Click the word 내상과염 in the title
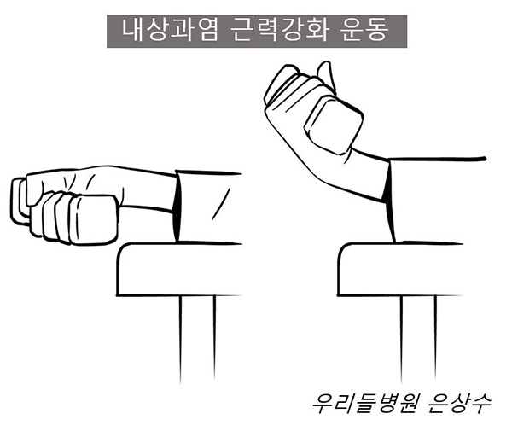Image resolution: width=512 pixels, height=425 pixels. click(x=170, y=31)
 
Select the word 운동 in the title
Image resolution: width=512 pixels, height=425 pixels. click(x=365, y=31)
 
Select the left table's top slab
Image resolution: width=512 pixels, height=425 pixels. click(x=179, y=270)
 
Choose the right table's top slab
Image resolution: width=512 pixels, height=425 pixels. click(x=400, y=270)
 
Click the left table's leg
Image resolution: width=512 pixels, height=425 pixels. click(x=197, y=338)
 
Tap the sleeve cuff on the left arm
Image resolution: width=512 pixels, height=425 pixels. click(x=176, y=207)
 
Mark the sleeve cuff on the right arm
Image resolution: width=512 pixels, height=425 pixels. click(x=389, y=199)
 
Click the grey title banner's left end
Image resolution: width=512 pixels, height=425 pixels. click(x=108, y=32)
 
